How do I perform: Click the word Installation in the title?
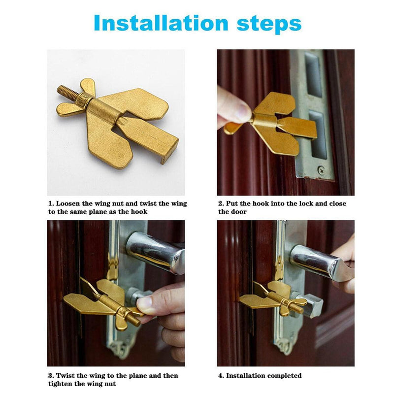[161, 23]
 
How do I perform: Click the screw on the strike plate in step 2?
[321, 170]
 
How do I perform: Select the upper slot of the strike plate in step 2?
[313, 75]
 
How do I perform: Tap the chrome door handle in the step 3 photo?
[156, 253]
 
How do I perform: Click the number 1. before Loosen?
[51, 203]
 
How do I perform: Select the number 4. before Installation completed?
[221, 376]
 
